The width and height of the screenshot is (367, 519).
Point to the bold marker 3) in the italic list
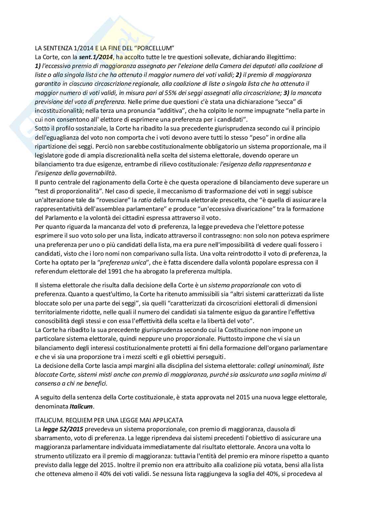click(x=286, y=93)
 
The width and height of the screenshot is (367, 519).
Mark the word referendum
click(x=50, y=271)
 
